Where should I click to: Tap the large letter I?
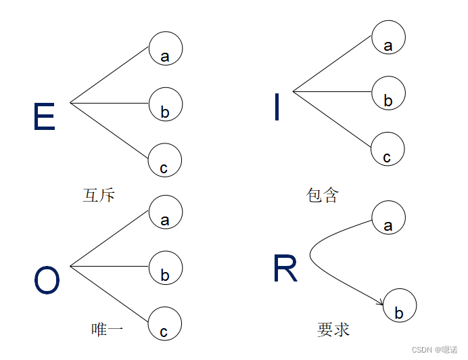[277, 108]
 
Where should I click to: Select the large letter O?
[47, 281]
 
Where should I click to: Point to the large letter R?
[285, 269]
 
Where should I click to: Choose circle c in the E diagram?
[165, 160]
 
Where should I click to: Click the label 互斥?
[99, 196]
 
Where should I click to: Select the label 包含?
[322, 196]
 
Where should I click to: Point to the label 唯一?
[107, 330]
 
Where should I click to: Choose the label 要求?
[333, 330]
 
